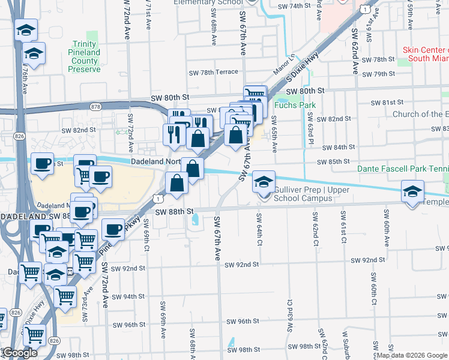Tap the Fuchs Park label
tap(294, 105)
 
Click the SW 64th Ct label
tap(260, 230)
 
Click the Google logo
tap(20, 353)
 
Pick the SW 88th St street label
tap(175, 212)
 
